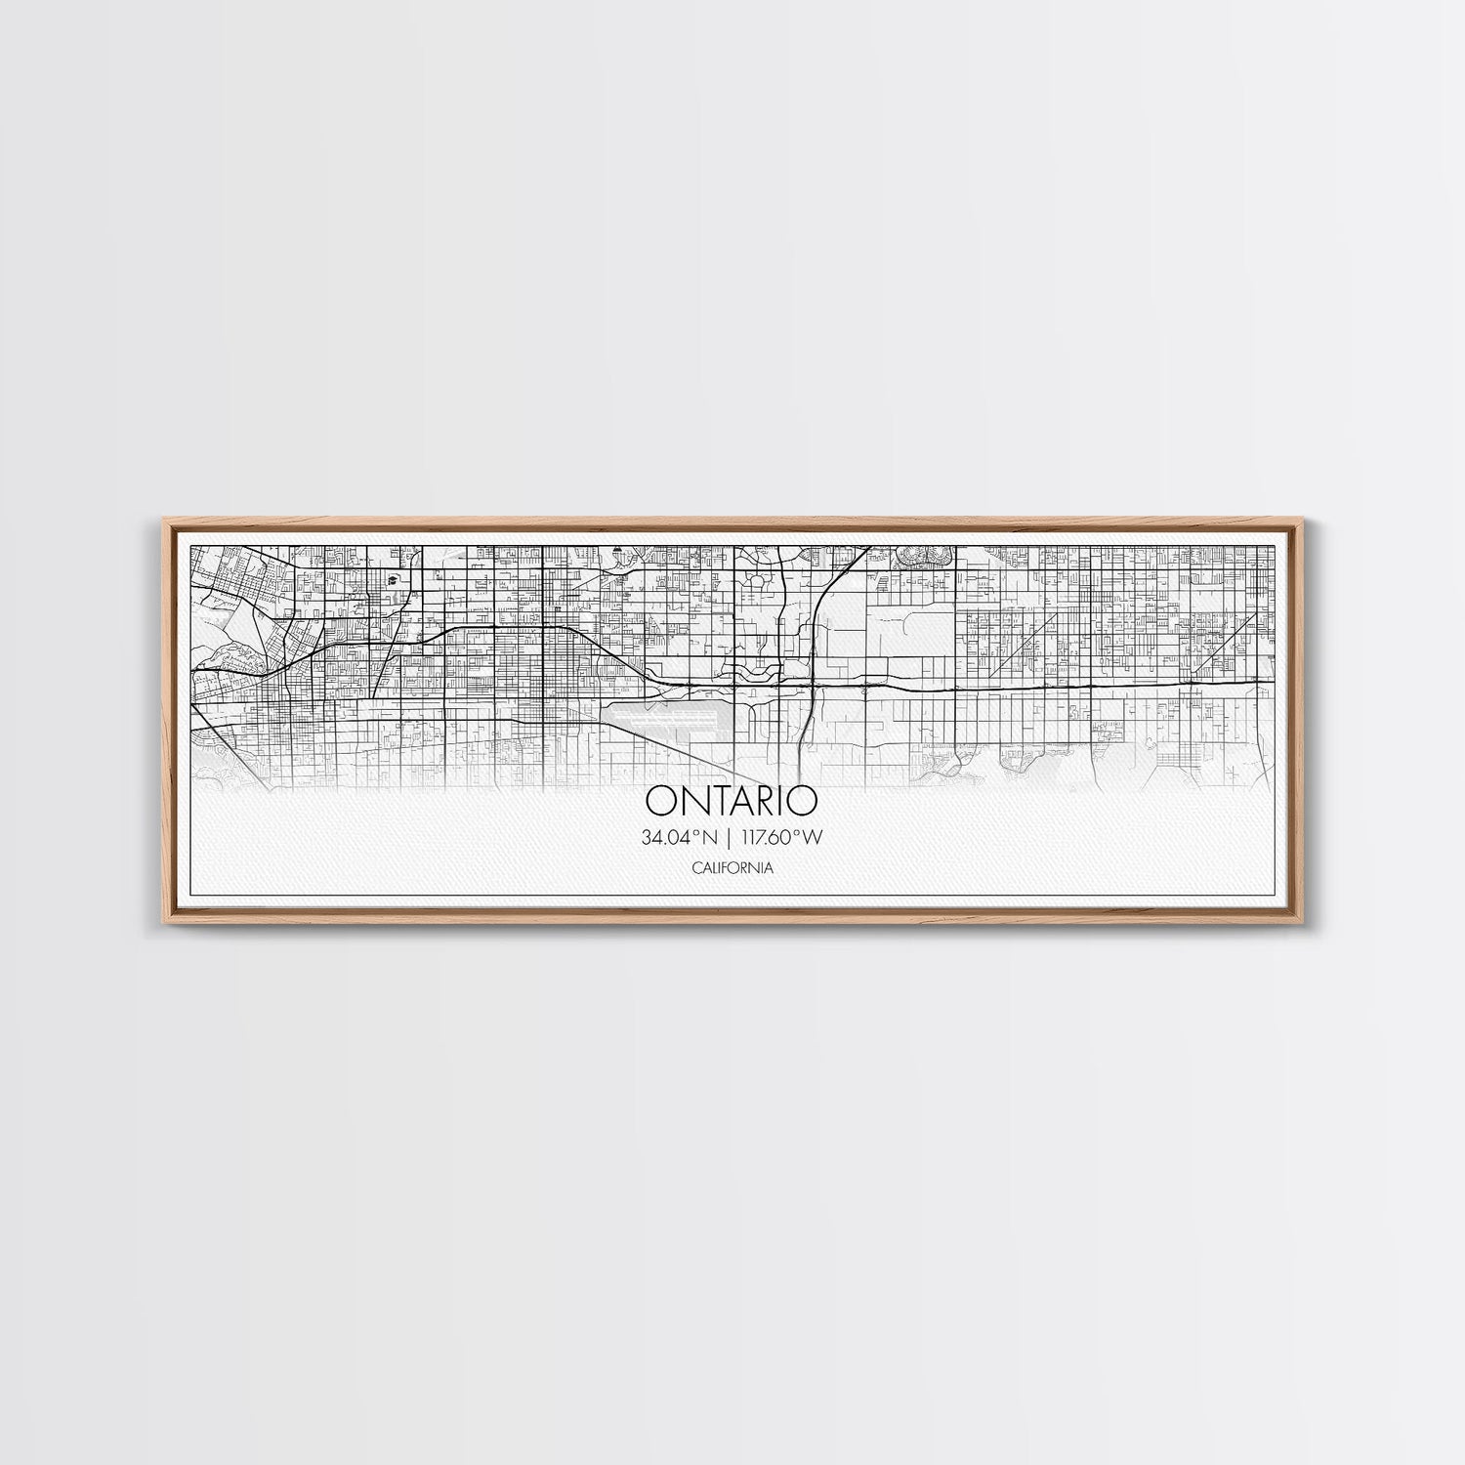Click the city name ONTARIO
click(731, 801)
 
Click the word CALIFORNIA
click(732, 867)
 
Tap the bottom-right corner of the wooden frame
click(1307, 925)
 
